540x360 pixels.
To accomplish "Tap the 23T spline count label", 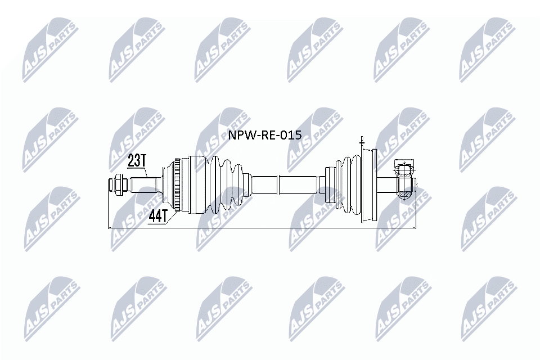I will point(137,161).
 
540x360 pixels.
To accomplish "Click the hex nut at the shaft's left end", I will point(118,183).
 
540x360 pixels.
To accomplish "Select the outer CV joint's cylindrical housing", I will point(196,184).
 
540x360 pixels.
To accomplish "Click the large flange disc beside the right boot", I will point(366,184).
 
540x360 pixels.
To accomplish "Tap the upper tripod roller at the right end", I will point(404,166).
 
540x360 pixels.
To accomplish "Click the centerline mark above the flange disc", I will point(362,141).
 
